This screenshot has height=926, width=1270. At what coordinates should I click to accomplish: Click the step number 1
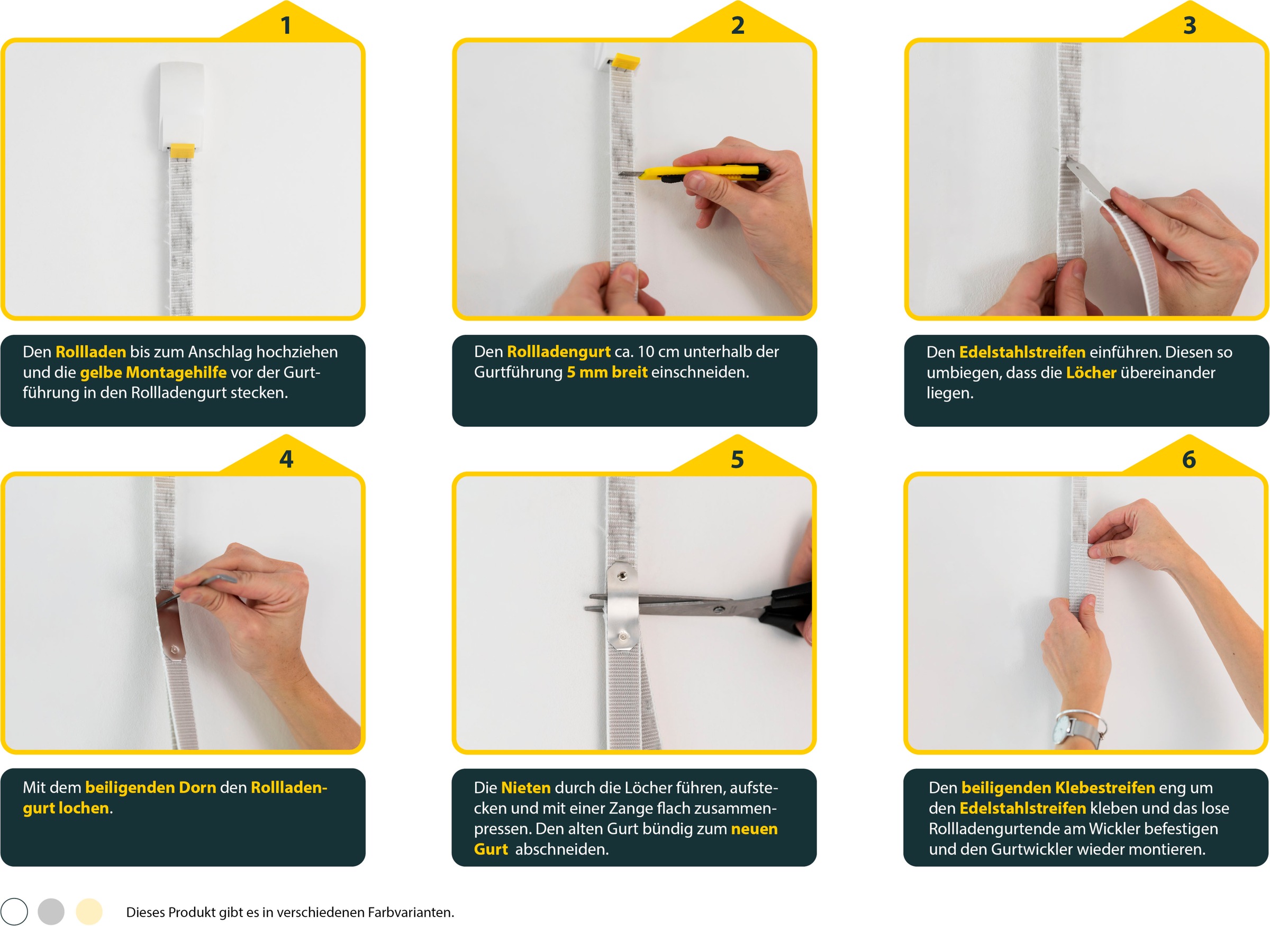pos(286,26)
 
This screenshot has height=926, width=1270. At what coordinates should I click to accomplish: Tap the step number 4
pos(286,460)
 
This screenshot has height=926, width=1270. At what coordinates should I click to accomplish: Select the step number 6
pos(1189,460)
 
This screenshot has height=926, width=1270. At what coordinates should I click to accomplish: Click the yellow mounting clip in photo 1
pos(183,150)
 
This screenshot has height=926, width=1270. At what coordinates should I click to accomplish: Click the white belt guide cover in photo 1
pos(180,105)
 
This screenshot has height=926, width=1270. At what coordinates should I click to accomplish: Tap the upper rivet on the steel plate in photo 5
pos(623,575)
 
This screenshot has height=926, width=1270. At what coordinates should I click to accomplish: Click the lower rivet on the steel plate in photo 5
pos(623,637)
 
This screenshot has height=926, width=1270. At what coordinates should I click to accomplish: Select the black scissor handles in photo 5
pos(787,610)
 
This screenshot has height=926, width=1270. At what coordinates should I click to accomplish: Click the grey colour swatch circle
pos(51,911)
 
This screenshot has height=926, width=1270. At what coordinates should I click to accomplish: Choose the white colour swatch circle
pos(14,911)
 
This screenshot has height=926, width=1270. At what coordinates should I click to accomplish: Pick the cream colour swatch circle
pos(89,911)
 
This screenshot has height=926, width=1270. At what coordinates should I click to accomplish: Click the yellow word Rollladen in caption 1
pos(91,352)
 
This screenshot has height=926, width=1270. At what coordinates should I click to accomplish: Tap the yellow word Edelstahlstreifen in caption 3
pos(1022,352)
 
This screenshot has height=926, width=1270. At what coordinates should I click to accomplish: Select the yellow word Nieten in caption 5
pos(525,787)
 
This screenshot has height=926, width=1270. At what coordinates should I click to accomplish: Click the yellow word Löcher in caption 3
pos(1091,373)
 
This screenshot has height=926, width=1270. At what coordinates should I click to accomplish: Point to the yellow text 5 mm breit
pos(607,372)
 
